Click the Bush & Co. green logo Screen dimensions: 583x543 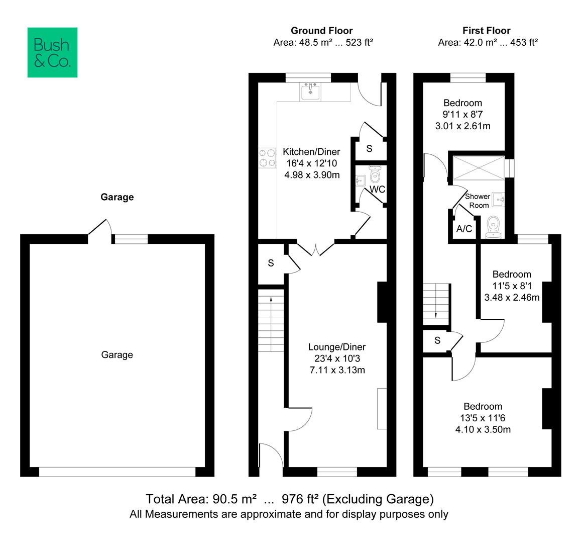click(52, 52)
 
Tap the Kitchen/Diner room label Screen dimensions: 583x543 click(311, 152)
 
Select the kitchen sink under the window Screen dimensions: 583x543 click(310, 91)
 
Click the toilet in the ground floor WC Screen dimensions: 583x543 click(375, 174)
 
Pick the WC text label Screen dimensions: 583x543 click(378, 190)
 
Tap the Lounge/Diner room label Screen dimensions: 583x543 click(337, 347)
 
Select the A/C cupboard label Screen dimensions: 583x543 click(464, 229)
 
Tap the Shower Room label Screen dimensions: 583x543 click(478, 201)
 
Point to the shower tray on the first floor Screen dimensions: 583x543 click(479, 168)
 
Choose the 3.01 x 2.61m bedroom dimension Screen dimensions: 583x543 click(463, 126)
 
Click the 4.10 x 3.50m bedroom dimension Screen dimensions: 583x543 click(483, 429)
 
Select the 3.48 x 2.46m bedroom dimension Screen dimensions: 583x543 click(512, 297)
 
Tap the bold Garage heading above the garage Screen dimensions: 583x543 click(117, 197)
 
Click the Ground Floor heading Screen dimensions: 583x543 click(321, 31)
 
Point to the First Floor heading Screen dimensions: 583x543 click(486, 31)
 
